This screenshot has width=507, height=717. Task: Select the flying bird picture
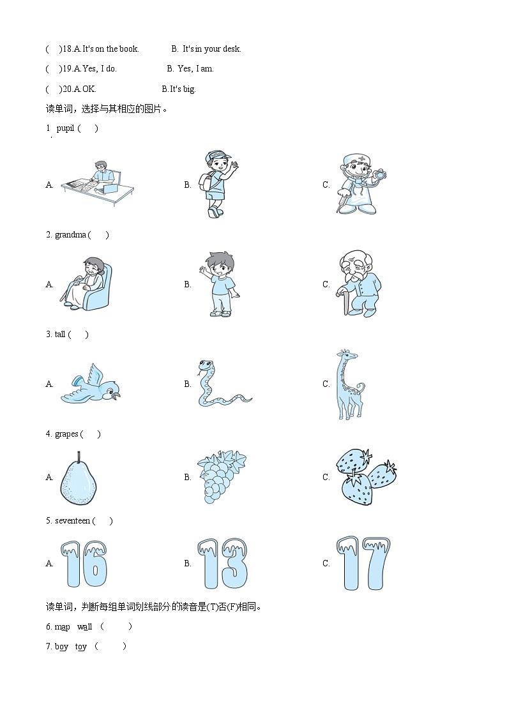91,384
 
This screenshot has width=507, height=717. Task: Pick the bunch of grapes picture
222,476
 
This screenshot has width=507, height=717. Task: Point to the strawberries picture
366,476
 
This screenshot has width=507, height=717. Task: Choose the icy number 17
363,563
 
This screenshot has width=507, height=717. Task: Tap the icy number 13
223,563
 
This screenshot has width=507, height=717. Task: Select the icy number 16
84,563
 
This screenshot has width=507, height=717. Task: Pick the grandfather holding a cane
359,283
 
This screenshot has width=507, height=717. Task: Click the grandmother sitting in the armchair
87,283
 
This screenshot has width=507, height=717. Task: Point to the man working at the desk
98,183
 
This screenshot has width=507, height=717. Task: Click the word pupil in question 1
65,128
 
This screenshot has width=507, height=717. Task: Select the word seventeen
72,521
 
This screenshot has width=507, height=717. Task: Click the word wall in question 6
84,627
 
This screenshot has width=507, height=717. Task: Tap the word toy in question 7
81,647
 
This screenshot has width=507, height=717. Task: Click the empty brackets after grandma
98,235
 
